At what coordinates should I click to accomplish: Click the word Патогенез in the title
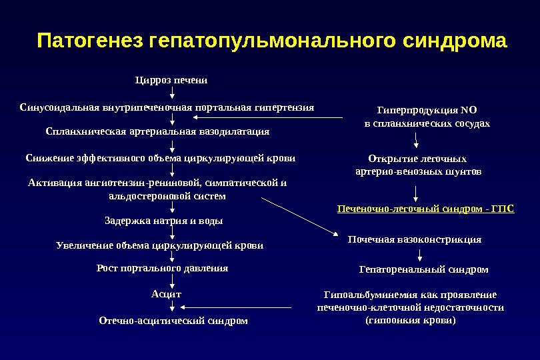(91, 41)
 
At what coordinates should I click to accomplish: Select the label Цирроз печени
(171, 80)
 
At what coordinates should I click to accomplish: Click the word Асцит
(166, 293)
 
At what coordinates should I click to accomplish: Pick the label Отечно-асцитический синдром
(173, 321)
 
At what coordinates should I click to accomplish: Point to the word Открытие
(393, 159)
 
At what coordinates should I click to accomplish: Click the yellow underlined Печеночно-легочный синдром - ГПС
(426, 209)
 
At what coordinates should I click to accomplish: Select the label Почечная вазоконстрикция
(415, 239)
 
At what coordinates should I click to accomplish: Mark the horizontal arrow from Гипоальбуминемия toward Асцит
(237, 307)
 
